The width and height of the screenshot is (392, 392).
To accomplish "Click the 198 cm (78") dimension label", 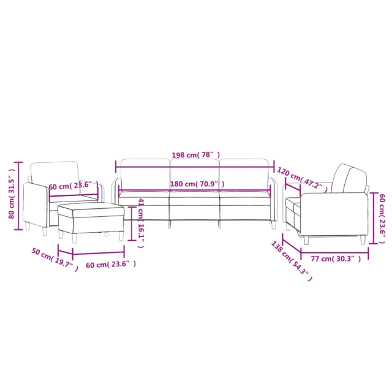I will coord(195,156).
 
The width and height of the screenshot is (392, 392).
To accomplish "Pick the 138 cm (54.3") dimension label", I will coord(291,260).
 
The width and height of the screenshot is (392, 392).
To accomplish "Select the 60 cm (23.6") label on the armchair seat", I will coord(73,185).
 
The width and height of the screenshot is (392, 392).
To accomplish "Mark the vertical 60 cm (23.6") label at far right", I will coord(382,214).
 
